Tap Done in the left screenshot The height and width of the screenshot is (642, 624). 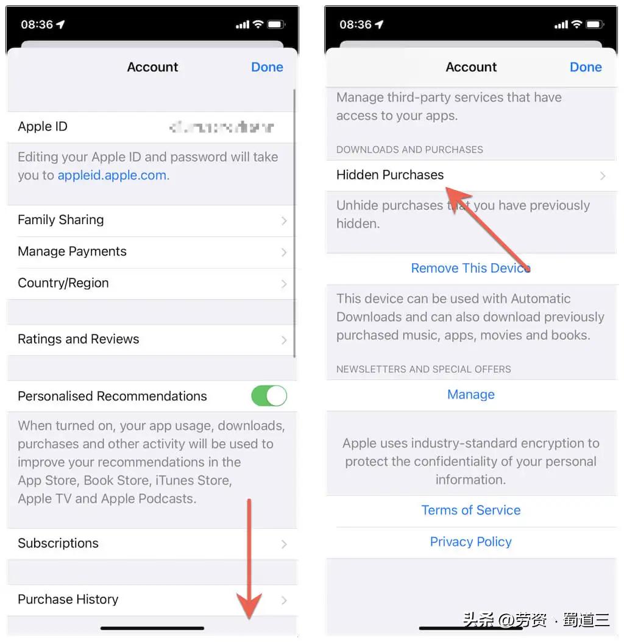click(267, 67)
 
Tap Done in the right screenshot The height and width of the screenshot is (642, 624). click(586, 67)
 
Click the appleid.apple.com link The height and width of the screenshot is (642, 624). click(113, 175)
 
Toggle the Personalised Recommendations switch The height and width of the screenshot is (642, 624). click(269, 396)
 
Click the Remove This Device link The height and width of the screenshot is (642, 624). click(470, 268)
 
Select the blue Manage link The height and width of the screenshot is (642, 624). click(471, 395)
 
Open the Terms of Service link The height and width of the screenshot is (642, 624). click(471, 510)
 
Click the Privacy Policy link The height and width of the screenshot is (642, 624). click(471, 542)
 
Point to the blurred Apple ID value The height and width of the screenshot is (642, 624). click(222, 127)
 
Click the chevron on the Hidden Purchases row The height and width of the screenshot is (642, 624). click(603, 176)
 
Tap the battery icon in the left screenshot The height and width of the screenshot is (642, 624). click(276, 24)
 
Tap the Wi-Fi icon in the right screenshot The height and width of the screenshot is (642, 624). click(576, 24)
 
